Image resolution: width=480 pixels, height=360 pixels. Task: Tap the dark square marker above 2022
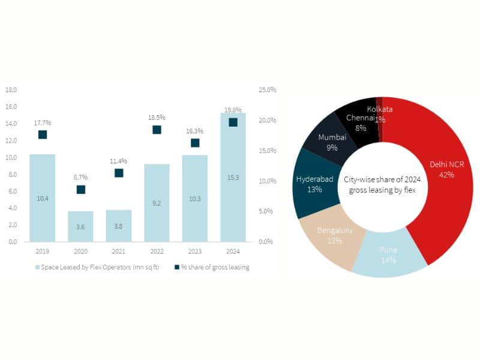(157, 130)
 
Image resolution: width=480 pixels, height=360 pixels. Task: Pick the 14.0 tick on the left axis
(11, 124)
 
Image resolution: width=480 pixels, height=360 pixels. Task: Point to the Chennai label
(359, 118)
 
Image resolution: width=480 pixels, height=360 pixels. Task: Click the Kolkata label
(380, 110)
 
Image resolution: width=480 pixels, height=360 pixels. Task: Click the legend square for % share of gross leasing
(176, 267)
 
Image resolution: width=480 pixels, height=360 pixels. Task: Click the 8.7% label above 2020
(81, 178)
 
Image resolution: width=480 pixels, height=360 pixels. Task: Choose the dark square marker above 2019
(43, 134)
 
